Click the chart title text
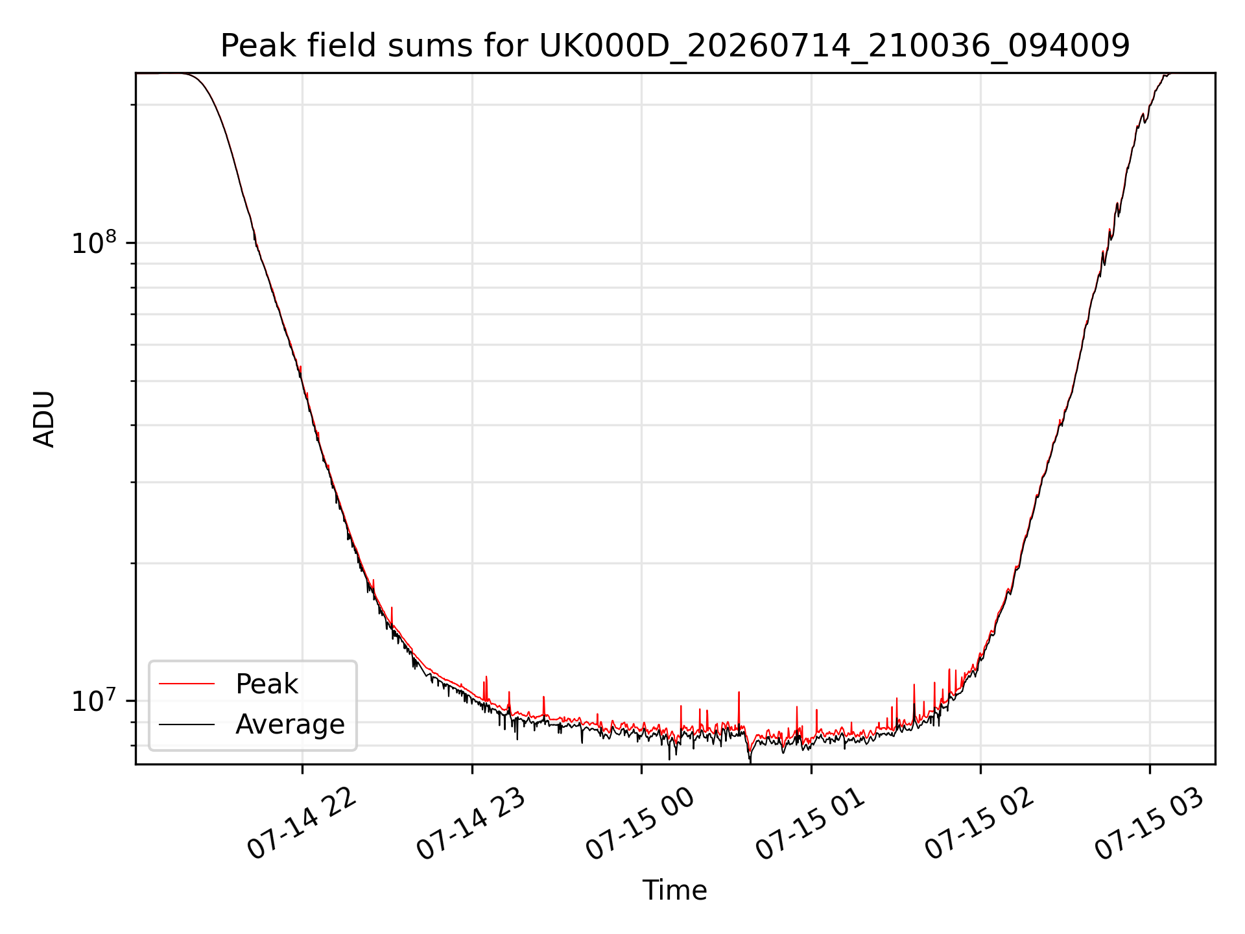pyautogui.click(x=675, y=46)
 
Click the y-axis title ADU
pyautogui.click(x=44, y=419)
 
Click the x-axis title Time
pyautogui.click(x=674, y=891)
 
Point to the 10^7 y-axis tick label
pyautogui.click(x=95, y=700)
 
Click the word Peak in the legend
pyautogui.click(x=267, y=684)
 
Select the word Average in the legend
pyautogui.click(x=290, y=724)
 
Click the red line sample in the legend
pyautogui.click(x=187, y=684)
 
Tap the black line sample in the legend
pyautogui.click(x=187, y=724)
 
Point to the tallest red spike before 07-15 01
pyautogui.click(x=739, y=693)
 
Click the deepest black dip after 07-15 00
pyautogui.click(x=750, y=760)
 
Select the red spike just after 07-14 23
pyautogui.click(x=486, y=678)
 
